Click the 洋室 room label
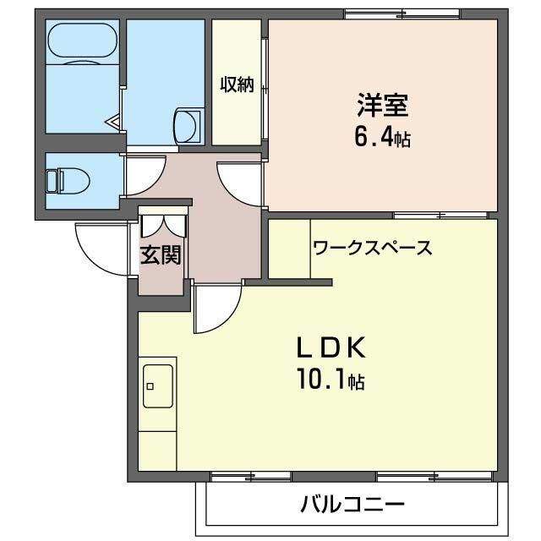(x=382, y=107)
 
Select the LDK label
(x=330, y=347)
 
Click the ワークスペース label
(x=372, y=248)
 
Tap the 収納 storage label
(x=237, y=85)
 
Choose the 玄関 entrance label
(x=161, y=254)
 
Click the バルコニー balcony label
(x=352, y=505)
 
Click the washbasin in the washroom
(x=187, y=125)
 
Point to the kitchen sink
(x=158, y=386)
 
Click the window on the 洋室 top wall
(x=402, y=14)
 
